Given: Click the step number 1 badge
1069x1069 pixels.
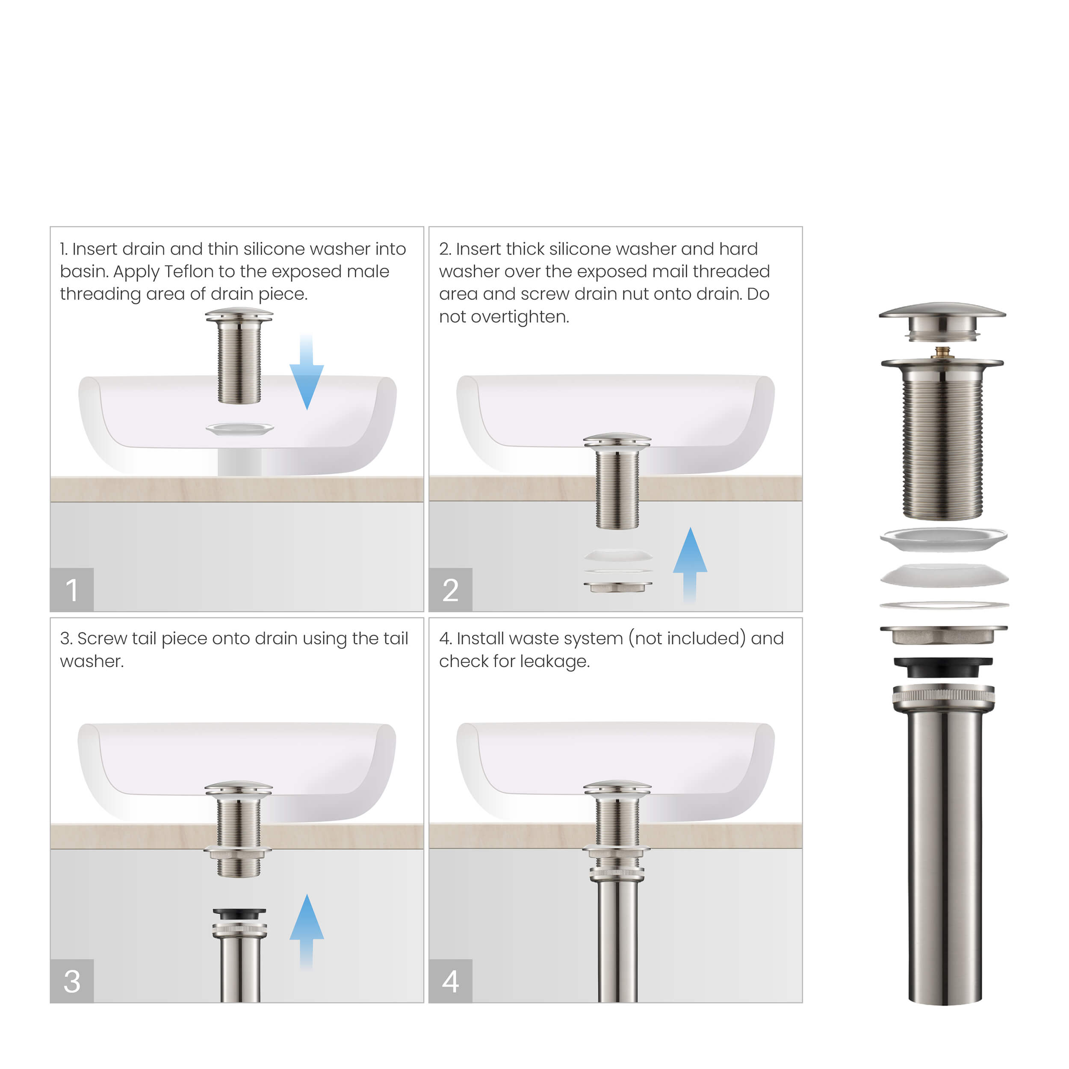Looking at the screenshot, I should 72,589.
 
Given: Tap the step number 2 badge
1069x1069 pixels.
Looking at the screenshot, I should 450,589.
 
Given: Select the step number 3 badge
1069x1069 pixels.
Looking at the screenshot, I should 72,980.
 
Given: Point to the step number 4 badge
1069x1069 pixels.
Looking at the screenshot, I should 450,980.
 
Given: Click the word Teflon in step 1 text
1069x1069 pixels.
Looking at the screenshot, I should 189,272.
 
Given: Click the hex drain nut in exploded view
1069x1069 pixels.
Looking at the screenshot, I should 943,635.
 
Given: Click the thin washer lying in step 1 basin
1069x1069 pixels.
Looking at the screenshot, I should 239,428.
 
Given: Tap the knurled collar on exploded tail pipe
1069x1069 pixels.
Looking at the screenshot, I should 943,696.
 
